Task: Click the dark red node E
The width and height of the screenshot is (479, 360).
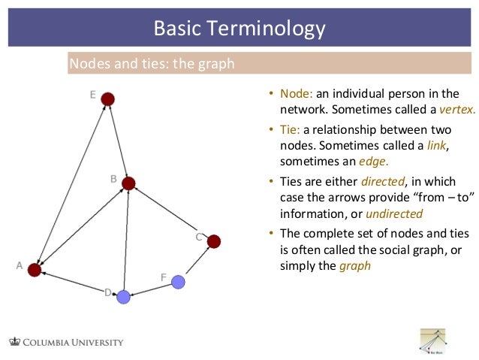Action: pos(108,98)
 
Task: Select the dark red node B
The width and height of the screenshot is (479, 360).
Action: pos(128,183)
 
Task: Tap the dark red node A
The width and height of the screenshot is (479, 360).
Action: pos(34,270)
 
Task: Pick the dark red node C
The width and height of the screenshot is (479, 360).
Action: pos(213,241)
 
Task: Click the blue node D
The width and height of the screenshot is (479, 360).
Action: pos(123,297)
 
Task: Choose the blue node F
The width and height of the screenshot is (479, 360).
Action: pos(178,282)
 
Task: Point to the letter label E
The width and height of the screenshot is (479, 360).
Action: pos(92,95)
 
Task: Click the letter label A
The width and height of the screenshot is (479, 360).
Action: pos(19,265)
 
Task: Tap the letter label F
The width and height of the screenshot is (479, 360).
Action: pos(163,277)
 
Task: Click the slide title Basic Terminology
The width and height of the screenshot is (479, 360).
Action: pos(239,29)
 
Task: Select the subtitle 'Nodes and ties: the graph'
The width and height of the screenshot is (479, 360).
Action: pos(152,64)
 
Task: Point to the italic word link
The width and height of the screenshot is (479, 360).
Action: pos(436,146)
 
